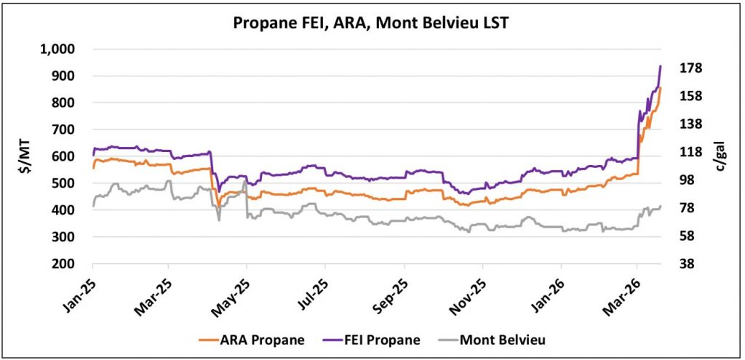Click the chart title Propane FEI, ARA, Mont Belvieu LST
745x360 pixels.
[372, 23]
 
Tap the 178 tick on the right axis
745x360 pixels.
[690, 68]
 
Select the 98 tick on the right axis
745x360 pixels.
[688, 180]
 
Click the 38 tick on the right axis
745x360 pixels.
[688, 263]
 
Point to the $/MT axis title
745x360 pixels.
[24, 156]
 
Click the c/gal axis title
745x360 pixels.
[724, 156]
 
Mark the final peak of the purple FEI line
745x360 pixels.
[660, 66]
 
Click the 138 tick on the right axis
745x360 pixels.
[690, 124]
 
